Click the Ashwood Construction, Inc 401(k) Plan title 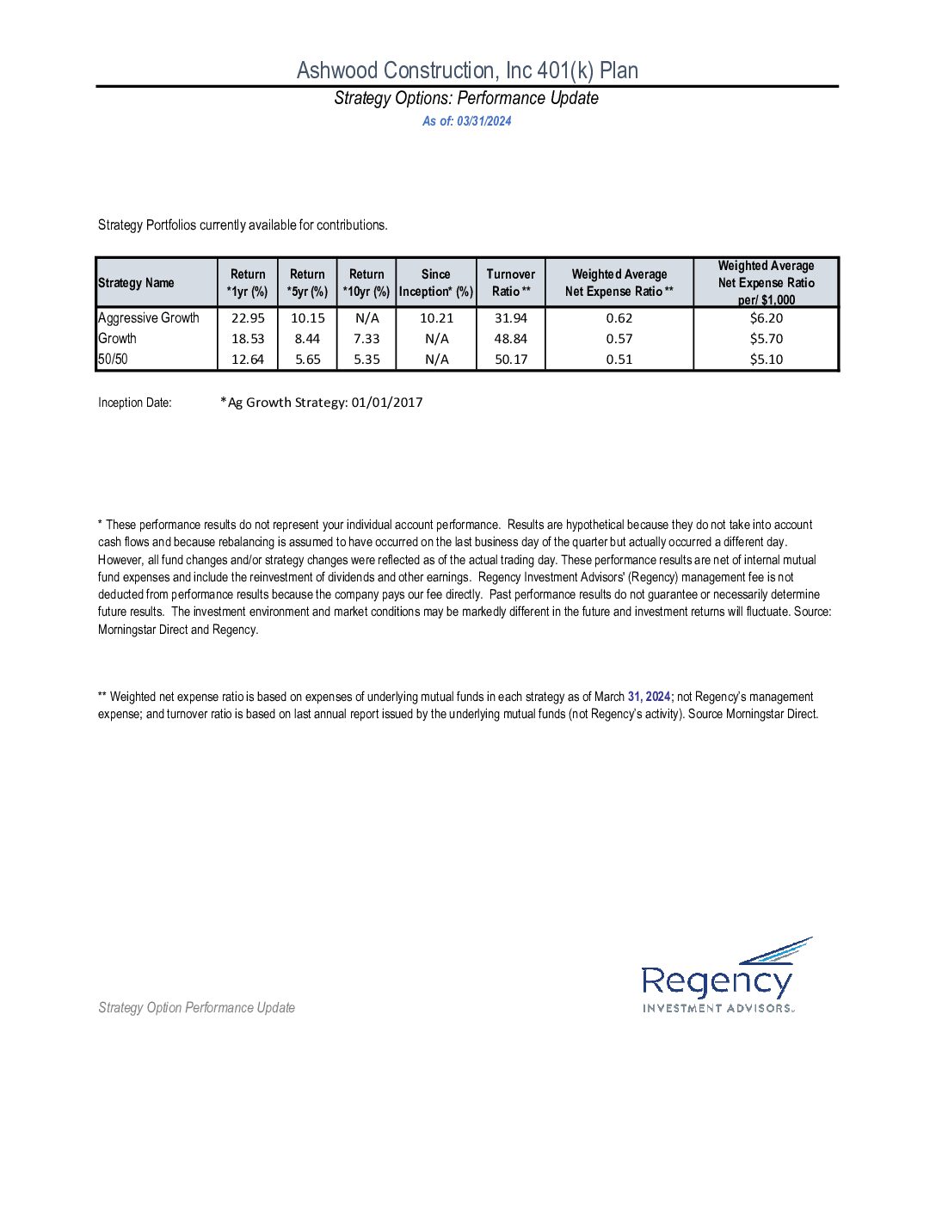pyautogui.click(x=467, y=71)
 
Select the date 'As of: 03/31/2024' pyautogui.click(x=466, y=121)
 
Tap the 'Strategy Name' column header pyautogui.click(x=136, y=283)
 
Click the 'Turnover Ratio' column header pyautogui.click(x=510, y=283)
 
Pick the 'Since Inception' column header pyautogui.click(x=435, y=283)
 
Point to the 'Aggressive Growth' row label pyautogui.click(x=149, y=318)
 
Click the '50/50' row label pyautogui.click(x=113, y=360)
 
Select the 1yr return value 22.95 pyautogui.click(x=248, y=318)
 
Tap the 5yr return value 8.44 pyautogui.click(x=307, y=339)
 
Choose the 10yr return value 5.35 pyautogui.click(x=366, y=360)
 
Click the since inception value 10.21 pyautogui.click(x=436, y=318)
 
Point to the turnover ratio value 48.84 pyautogui.click(x=511, y=339)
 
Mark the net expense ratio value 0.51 pyautogui.click(x=619, y=360)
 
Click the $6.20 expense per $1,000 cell pyautogui.click(x=766, y=318)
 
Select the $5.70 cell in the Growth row pyautogui.click(x=766, y=339)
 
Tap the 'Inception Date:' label pyautogui.click(x=135, y=403)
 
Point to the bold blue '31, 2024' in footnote pyautogui.click(x=650, y=697)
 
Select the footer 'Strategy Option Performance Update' pyautogui.click(x=196, y=1008)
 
